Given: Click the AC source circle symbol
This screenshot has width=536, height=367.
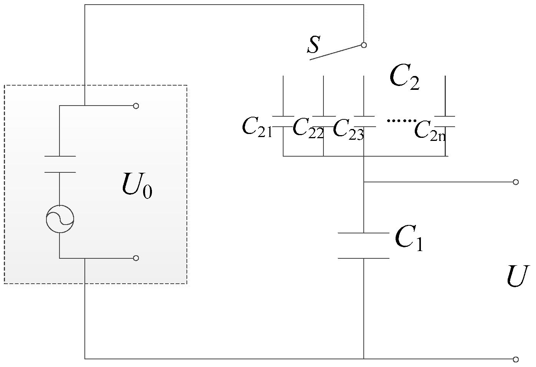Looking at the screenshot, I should point(59,219).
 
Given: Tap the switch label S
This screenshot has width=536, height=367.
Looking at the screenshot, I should point(313,45).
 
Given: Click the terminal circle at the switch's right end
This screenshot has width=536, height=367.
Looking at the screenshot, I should point(364,45).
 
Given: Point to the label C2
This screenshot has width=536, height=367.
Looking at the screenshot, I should point(404,78).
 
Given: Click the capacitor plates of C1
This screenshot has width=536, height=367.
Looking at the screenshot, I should point(363,246).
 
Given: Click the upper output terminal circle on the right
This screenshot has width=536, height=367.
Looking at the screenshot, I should point(516,182).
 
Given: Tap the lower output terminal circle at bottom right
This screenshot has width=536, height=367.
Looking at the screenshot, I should point(516,359).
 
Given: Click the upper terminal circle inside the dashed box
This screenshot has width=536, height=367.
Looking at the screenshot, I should point(136,106).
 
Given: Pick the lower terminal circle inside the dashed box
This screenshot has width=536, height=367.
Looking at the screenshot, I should point(136,258).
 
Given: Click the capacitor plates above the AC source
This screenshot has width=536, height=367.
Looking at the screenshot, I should point(60,164).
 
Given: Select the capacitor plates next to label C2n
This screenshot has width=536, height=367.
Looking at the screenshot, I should point(445,121).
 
